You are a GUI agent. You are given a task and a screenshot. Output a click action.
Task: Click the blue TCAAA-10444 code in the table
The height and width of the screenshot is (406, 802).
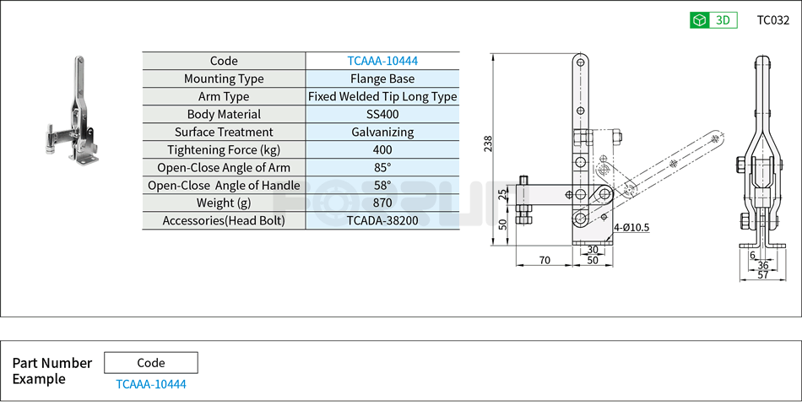tap(382, 61)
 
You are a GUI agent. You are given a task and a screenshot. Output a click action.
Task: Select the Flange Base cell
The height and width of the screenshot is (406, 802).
tap(382, 78)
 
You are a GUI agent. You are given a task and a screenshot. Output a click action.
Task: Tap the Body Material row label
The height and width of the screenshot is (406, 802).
tap(224, 114)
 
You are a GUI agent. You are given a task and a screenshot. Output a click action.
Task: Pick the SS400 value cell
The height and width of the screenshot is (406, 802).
tap(382, 114)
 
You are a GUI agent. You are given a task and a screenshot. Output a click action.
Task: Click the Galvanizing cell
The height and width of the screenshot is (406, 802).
tap(382, 132)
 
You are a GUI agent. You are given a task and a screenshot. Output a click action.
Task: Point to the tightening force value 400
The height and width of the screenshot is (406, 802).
tap(382, 149)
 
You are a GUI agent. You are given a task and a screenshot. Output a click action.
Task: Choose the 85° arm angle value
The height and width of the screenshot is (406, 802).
tap(382, 167)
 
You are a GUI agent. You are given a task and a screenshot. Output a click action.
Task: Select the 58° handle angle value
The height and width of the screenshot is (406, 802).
tap(382, 185)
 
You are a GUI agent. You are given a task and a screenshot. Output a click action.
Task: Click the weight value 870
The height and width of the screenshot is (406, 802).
tap(382, 203)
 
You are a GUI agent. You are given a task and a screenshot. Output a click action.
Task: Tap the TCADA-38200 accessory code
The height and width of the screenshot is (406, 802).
tap(382, 220)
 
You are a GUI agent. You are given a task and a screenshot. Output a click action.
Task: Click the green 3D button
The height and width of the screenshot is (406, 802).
tap(713, 20)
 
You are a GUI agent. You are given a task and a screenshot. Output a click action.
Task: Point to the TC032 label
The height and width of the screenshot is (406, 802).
tap(772, 20)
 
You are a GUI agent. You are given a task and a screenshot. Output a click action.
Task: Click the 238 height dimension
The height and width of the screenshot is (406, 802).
tap(488, 144)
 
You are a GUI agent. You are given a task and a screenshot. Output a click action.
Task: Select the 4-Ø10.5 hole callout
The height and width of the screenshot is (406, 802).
tap(631, 226)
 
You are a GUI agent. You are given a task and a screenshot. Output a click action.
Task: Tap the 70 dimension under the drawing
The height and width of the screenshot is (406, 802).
tap(545, 260)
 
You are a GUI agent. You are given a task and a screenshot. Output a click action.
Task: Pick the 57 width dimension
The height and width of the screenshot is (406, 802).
tap(761, 275)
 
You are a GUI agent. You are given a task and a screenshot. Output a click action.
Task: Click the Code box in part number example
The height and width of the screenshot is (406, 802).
tap(151, 363)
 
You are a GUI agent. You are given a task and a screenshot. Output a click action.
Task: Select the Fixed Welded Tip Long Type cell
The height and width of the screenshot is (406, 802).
tap(382, 96)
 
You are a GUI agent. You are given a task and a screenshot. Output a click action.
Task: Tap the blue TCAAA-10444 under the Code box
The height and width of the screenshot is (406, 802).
tap(151, 384)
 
